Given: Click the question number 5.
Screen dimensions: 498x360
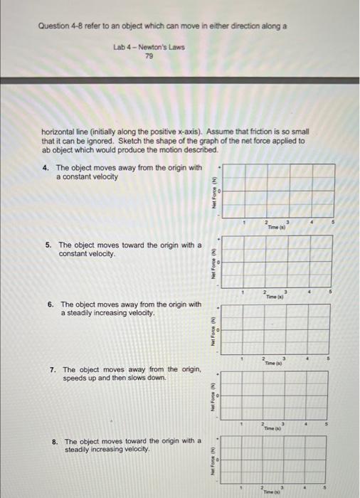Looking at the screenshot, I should point(48,245).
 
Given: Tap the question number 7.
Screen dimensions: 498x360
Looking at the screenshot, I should point(53,369).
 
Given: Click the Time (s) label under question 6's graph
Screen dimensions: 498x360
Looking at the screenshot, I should point(274,363).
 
